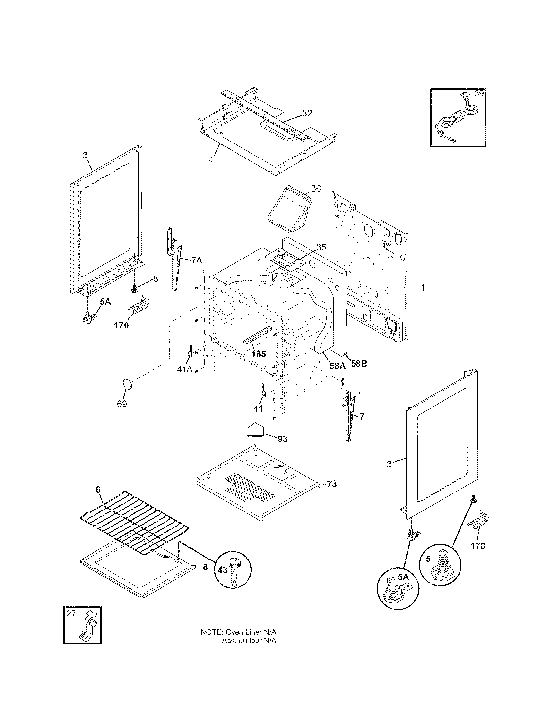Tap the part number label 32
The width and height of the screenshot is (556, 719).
(307, 113)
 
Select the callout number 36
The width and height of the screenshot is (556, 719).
(316, 189)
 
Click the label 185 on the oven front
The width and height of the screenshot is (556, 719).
(258, 354)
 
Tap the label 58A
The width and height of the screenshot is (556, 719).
(337, 365)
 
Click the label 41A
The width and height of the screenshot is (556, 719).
(184, 369)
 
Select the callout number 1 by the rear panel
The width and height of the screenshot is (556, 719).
(423, 288)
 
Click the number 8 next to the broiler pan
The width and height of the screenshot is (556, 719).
(205, 567)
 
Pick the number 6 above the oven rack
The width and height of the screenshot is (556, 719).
(98, 499)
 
